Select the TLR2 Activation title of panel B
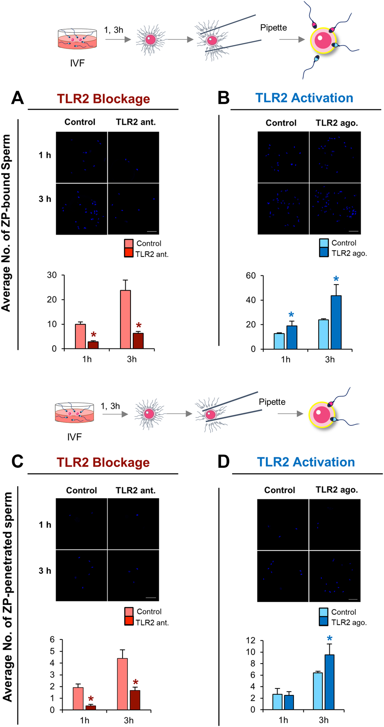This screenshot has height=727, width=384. pyautogui.click(x=304, y=98)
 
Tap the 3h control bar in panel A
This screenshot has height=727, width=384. pyautogui.click(x=126, y=320)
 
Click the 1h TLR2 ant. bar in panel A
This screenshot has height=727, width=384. pyautogui.click(x=93, y=345)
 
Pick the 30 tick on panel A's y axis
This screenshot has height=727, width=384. pyautogui.click(x=52, y=275)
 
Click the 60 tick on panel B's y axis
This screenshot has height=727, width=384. pyautogui.click(x=251, y=276)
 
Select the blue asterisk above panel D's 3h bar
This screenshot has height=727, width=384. pyautogui.click(x=329, y=639)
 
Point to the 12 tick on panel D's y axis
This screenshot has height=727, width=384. pyautogui.click(x=250, y=640)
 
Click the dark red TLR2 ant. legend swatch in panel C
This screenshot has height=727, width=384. pyautogui.click(x=129, y=622)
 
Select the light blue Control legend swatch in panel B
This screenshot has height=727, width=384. pyautogui.click(x=324, y=243)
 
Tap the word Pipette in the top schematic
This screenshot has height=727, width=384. pyautogui.click(x=274, y=28)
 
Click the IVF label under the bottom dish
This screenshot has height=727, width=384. pyautogui.click(x=74, y=437)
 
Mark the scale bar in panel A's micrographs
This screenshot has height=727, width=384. pyautogui.click(x=152, y=231)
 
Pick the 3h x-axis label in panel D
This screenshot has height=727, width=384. pyautogui.click(x=324, y=720)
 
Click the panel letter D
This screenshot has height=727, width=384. pyautogui.click(x=223, y=462)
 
